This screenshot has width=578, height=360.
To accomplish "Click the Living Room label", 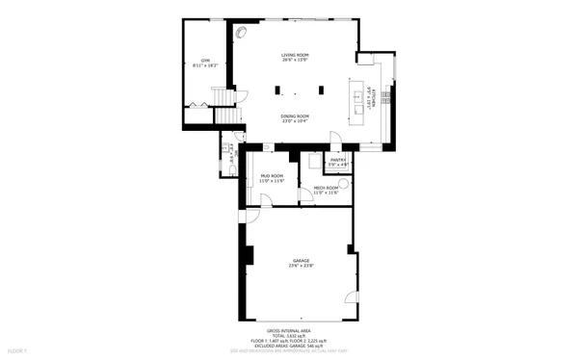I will click(x=295, y=56).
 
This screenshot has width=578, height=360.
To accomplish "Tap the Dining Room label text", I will click(x=295, y=116).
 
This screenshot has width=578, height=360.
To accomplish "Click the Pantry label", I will click(x=338, y=160).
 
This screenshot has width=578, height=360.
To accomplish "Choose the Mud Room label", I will click(x=273, y=176).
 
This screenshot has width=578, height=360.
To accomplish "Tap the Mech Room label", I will click(x=326, y=188).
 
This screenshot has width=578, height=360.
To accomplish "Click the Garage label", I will click(x=302, y=260).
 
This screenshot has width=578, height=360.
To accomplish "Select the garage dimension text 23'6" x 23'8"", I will click(x=302, y=266).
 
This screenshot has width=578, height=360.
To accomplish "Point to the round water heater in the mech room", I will click(x=344, y=180).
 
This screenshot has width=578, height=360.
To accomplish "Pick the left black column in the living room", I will click(x=277, y=91).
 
